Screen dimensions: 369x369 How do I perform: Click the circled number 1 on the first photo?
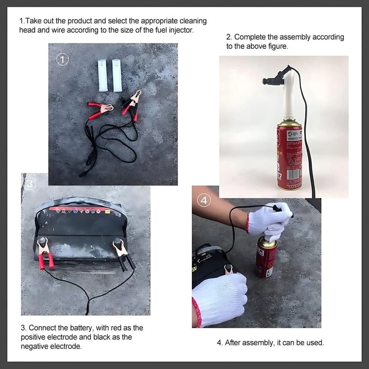[x=63, y=59]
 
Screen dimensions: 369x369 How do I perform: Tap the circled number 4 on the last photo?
[x=204, y=200]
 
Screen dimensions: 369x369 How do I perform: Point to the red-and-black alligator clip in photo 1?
[x=131, y=104]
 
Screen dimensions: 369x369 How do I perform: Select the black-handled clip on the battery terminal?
[x=123, y=254]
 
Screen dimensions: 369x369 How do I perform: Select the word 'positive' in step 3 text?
[x=37, y=337]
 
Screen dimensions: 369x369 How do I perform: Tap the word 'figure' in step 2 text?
[x=275, y=47]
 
